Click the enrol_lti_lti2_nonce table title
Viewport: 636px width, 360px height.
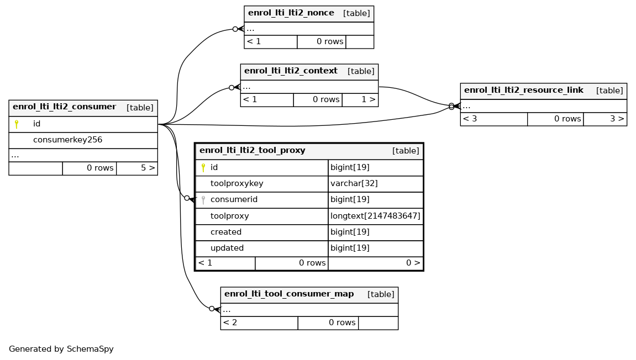pos(291,13)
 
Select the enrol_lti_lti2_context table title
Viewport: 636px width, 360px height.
pos(291,71)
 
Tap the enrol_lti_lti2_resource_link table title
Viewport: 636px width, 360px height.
pos(524,90)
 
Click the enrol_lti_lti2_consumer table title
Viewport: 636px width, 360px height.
pos(65,107)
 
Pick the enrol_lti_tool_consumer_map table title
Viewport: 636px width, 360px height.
pos(289,294)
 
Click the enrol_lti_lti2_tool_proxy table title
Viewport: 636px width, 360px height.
pos(253,150)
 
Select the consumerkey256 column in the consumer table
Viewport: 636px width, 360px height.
pos(68,140)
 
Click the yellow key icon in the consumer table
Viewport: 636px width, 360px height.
pos(17,124)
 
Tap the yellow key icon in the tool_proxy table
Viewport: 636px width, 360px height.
pos(203,167)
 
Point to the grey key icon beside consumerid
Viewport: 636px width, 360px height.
pos(203,200)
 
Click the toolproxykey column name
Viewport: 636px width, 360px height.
pos(237,184)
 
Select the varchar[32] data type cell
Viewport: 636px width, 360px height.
pos(354,184)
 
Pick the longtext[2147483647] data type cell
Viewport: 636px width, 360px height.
pos(375,216)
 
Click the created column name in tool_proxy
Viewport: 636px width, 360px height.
pos(226,232)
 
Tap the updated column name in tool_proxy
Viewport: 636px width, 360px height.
pos(227,248)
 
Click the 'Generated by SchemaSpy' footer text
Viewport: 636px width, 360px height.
pos(61,349)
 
